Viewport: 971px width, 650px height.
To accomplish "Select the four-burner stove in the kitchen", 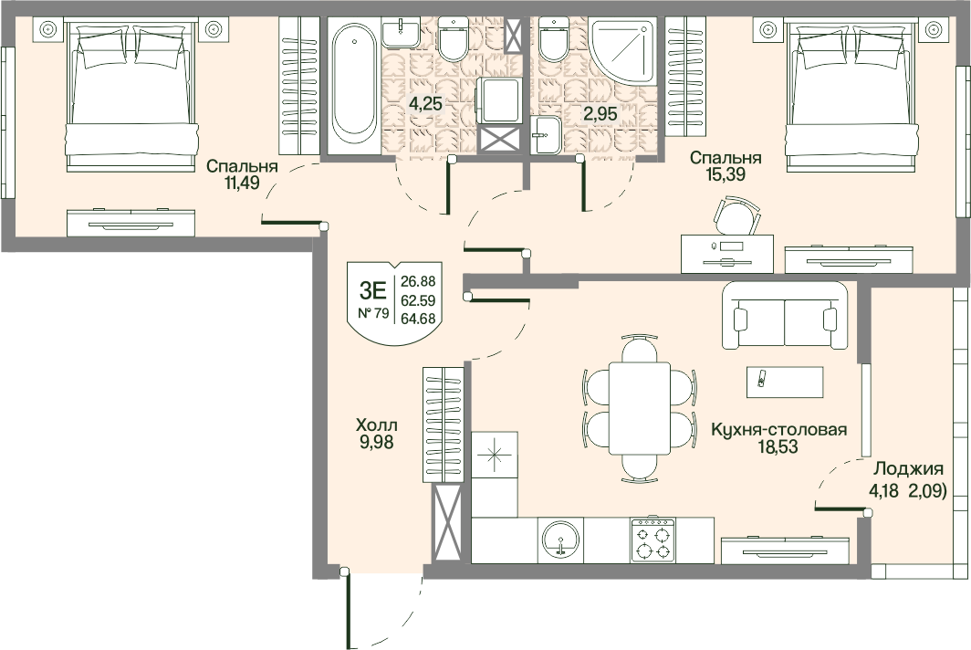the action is (653, 540).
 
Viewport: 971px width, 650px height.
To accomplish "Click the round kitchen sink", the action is (560, 540).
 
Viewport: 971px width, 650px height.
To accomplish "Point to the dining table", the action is (640, 408).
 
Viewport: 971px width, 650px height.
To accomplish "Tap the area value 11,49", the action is (242, 183).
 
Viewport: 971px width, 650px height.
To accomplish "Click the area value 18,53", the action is (778, 446).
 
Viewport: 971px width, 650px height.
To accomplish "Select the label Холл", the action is (376, 425).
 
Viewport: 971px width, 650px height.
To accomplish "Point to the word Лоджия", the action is (908, 469).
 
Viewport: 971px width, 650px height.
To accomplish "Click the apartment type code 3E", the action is (373, 289).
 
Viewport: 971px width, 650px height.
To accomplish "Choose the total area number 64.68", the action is (418, 320).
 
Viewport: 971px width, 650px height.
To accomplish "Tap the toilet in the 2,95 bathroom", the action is (554, 38).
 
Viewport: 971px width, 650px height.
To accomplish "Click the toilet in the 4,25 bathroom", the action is (454, 38).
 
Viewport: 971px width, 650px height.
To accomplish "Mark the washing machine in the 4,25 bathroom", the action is (498, 100).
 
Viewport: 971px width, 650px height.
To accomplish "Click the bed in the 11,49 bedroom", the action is (132, 96).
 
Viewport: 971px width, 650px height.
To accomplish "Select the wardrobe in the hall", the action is (443, 425).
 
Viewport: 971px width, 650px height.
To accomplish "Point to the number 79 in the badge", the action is (382, 313).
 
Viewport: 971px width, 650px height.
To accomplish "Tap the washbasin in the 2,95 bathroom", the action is (546, 134).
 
